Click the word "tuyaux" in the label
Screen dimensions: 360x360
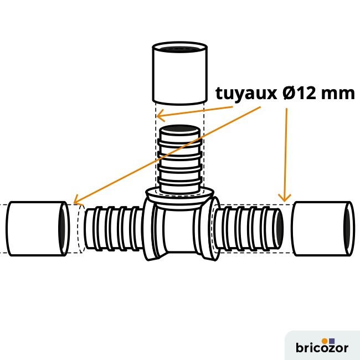click(x=244, y=93)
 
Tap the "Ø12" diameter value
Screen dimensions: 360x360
click(x=299, y=93)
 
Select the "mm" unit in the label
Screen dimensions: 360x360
click(x=338, y=93)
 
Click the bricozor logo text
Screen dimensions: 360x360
click(x=322, y=348)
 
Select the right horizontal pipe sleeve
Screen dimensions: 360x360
click(x=321, y=228)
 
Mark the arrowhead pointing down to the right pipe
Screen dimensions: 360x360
click(x=285, y=198)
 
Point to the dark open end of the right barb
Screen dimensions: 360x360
click(x=280, y=228)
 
